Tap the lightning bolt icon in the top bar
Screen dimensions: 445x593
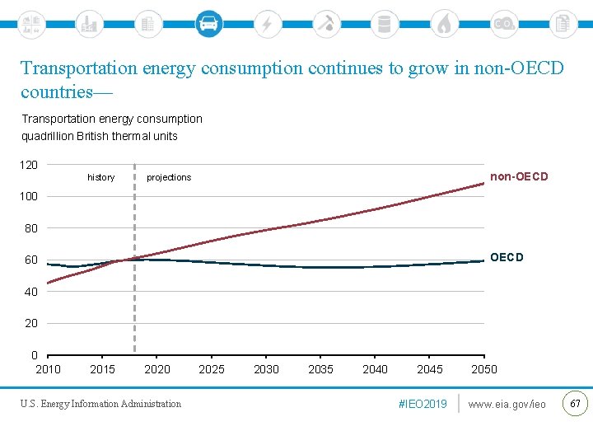[x=267, y=24]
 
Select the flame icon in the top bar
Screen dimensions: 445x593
[x=444, y=24]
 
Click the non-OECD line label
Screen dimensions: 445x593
[x=519, y=177]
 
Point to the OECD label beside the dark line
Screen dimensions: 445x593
[x=507, y=257]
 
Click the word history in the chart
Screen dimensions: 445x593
[x=101, y=178]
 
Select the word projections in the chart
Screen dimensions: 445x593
[x=169, y=178]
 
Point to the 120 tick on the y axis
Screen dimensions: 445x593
[x=29, y=165]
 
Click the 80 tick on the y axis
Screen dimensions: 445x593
[x=30, y=228]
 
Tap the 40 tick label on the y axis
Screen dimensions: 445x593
[x=30, y=292]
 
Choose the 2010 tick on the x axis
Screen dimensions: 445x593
[x=48, y=369]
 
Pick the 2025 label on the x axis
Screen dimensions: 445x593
[x=212, y=369]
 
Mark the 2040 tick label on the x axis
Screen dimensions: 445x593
[x=375, y=369]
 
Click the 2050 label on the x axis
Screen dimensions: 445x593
[x=484, y=369]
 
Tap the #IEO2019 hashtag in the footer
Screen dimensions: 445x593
[x=423, y=404]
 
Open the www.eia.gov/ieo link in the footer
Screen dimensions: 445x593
[x=507, y=404]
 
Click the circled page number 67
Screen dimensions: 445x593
[x=575, y=403]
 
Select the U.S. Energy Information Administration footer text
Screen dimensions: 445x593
[x=101, y=404]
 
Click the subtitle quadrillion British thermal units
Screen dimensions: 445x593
[x=100, y=136]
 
